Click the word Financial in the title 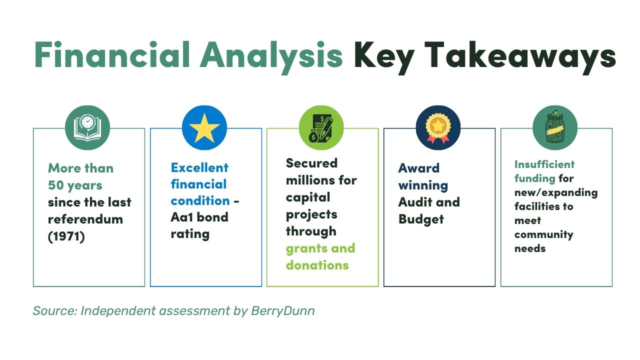coord(112,54)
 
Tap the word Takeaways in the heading coord(520,57)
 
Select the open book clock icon coord(87,127)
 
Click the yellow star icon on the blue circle coord(204,127)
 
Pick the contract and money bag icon coord(321,127)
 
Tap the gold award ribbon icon coord(438,127)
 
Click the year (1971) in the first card coord(66,236)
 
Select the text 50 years coord(75,185)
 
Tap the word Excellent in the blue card coord(199,167)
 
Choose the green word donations coord(317,265)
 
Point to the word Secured coord(311,163)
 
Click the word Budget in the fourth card coord(421,219)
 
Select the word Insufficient coord(544,164)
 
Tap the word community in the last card coord(543,234)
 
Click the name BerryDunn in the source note coord(283,310)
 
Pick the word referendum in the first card coord(85,219)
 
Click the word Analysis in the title coord(271,57)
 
